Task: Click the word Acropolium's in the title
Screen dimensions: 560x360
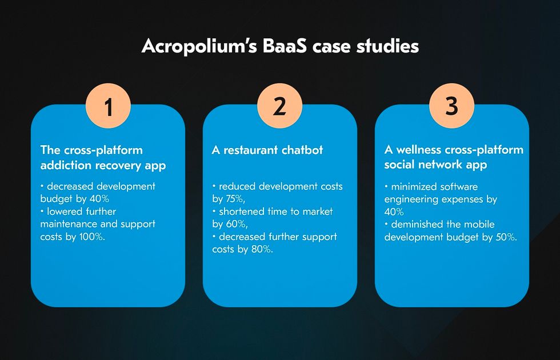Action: pos(199,47)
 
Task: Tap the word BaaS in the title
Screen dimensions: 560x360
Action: pos(285,46)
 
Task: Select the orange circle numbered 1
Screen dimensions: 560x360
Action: pos(108,106)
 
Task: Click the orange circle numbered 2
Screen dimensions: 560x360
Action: pos(279,106)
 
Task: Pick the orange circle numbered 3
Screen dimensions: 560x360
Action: pos(452,106)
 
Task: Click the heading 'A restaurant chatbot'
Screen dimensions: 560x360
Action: pos(267,150)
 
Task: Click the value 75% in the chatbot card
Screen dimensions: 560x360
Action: pos(235,199)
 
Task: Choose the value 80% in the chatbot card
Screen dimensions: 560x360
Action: pos(262,249)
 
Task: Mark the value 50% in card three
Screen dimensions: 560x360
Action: pos(506,237)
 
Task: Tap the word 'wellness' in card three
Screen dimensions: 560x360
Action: pos(418,150)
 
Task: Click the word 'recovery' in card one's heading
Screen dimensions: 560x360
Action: pos(119,165)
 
